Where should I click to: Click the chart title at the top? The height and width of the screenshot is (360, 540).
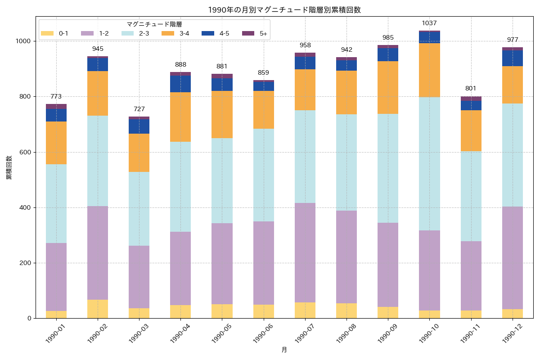(x=284, y=10)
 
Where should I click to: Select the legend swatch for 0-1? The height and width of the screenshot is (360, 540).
(x=47, y=33)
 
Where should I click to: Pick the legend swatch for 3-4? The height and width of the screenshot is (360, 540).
(x=168, y=33)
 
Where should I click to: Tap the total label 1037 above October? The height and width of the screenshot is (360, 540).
(x=429, y=23)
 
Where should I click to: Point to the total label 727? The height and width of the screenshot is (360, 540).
(x=139, y=109)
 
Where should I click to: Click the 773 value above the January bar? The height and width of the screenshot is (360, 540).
(x=56, y=96)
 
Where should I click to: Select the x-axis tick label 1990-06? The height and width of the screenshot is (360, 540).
(x=264, y=333)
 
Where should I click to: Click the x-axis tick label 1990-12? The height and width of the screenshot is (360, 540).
(x=512, y=333)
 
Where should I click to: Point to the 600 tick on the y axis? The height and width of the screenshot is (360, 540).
(x=26, y=152)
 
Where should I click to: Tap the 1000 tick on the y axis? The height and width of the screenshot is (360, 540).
(x=24, y=41)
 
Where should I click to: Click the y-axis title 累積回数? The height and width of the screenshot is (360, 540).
(x=9, y=167)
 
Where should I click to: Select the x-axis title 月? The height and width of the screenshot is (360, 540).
(x=284, y=350)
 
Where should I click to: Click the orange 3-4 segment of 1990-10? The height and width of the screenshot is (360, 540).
(x=429, y=70)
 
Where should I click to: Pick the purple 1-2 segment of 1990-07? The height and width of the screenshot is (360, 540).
(x=305, y=252)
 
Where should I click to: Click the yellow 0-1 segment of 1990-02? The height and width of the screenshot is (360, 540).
(x=98, y=309)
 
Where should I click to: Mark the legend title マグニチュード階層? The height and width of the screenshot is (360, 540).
(x=154, y=24)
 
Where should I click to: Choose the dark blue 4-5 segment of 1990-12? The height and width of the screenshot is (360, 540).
(x=512, y=58)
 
